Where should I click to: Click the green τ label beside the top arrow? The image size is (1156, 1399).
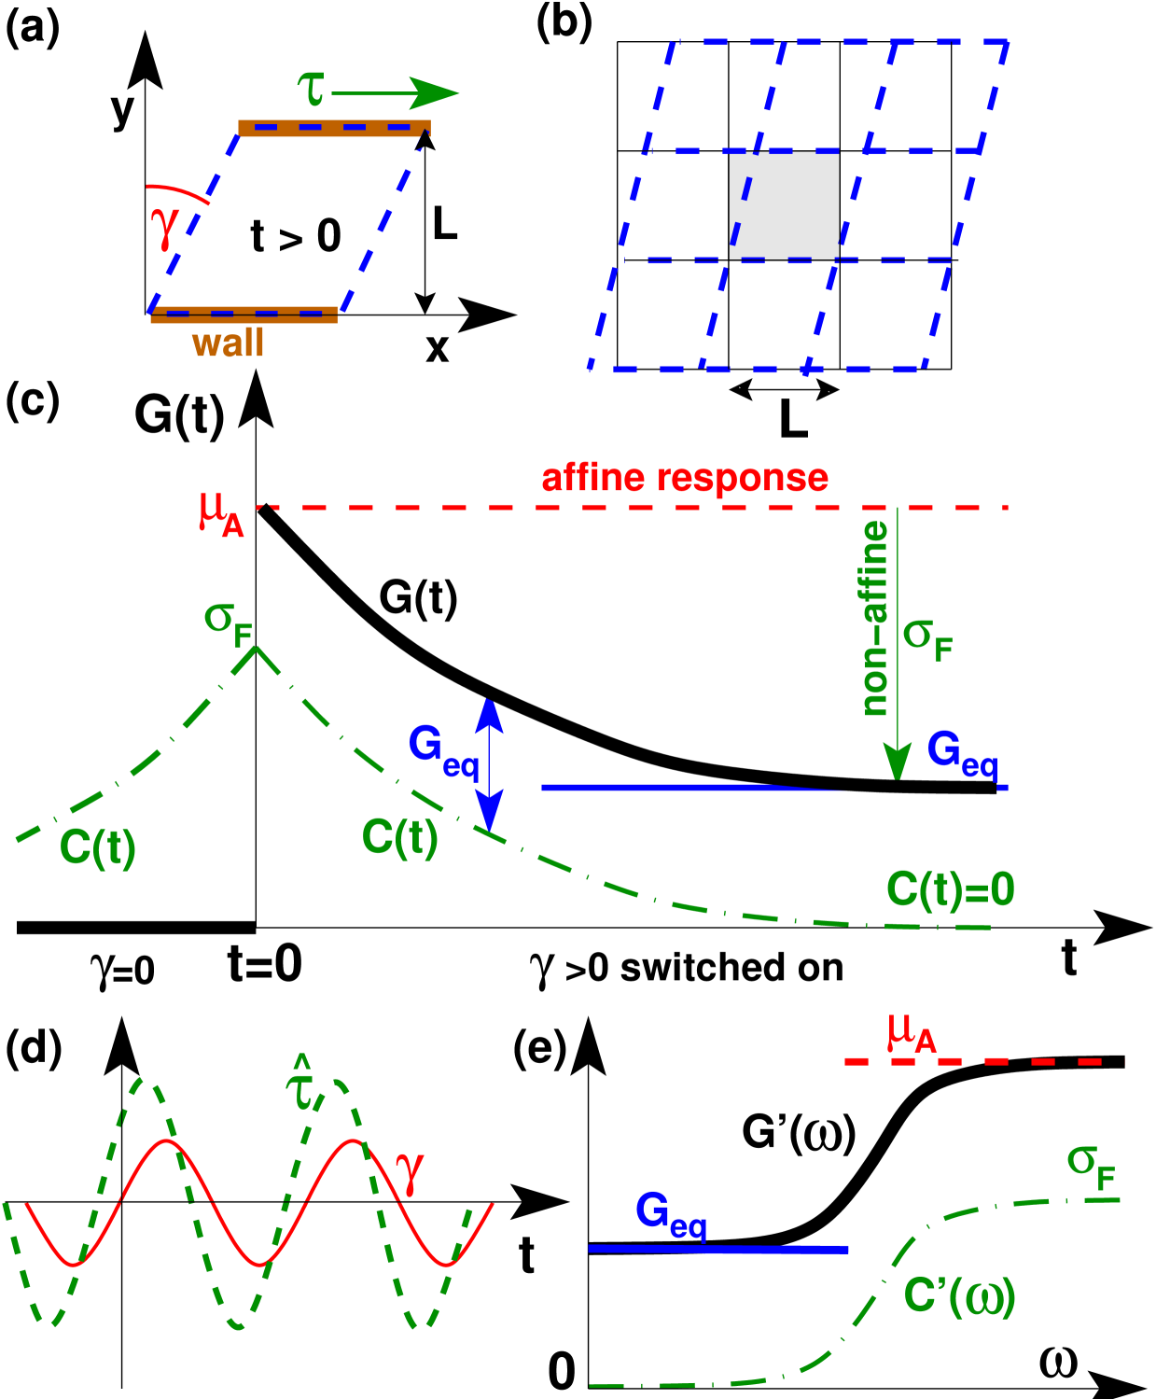312,90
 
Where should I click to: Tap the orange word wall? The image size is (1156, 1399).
228,343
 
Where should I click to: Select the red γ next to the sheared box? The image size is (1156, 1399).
164,226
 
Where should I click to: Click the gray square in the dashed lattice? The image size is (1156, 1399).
784,205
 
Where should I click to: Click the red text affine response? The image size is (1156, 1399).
685,478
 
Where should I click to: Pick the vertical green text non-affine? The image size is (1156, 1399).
874,619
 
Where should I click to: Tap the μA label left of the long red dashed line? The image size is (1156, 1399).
221,513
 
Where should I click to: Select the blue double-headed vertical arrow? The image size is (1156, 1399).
489,763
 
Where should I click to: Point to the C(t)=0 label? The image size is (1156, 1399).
950,889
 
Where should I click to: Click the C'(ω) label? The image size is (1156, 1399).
959,1295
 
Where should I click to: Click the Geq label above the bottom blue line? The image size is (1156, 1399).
671,1214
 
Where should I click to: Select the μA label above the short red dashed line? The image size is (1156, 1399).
912,1033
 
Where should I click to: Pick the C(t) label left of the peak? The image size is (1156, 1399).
97,847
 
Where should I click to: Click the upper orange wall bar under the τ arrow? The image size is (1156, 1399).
334,128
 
